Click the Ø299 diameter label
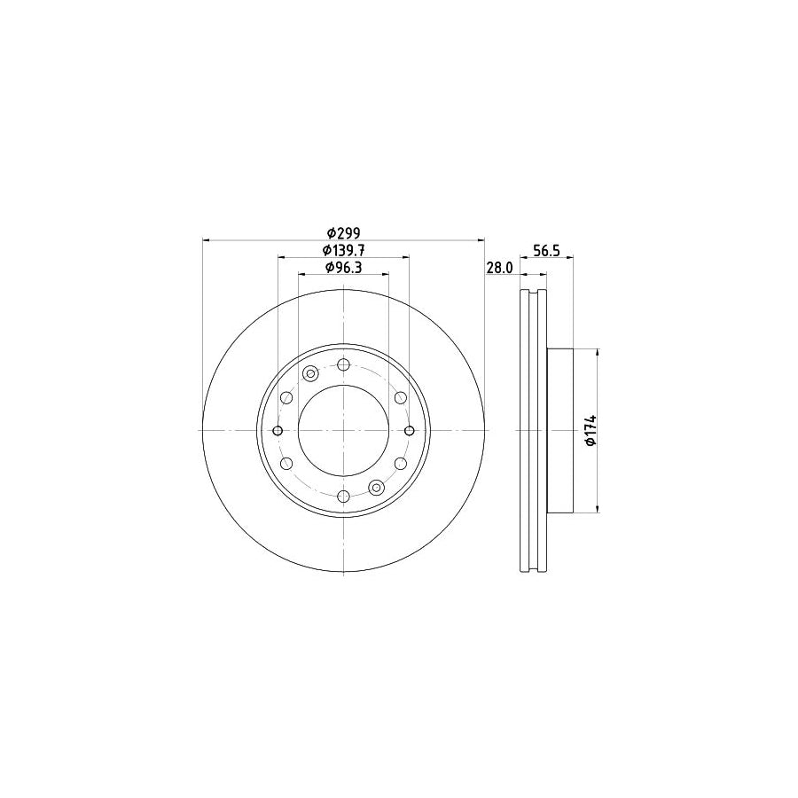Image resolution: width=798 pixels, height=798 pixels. click(342, 233)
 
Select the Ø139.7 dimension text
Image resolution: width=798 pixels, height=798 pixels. click(342, 251)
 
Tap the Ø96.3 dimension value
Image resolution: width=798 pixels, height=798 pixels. click(342, 268)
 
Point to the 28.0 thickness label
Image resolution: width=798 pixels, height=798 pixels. click(500, 268)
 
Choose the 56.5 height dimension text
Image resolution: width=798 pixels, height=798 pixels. click(545, 251)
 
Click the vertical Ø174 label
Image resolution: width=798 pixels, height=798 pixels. click(589, 430)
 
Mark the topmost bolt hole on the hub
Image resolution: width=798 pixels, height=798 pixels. click(343, 364)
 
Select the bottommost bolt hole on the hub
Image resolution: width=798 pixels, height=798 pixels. click(343, 497)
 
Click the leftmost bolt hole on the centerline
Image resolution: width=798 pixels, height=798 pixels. click(278, 431)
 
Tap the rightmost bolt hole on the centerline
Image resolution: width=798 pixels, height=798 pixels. click(409, 431)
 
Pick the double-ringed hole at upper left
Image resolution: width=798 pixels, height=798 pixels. click(310, 374)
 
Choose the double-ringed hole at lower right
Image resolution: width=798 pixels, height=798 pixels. click(376, 487)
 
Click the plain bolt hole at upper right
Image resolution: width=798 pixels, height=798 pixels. click(400, 397)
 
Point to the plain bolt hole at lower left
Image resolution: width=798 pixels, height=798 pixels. click(286, 464)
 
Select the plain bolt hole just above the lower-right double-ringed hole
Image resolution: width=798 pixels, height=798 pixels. click(400, 464)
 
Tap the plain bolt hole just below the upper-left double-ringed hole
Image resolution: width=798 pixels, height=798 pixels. click(286, 398)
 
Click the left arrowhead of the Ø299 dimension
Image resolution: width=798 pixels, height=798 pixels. click(207, 239)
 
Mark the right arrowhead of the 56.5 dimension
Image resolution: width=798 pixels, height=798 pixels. click(569, 258)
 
